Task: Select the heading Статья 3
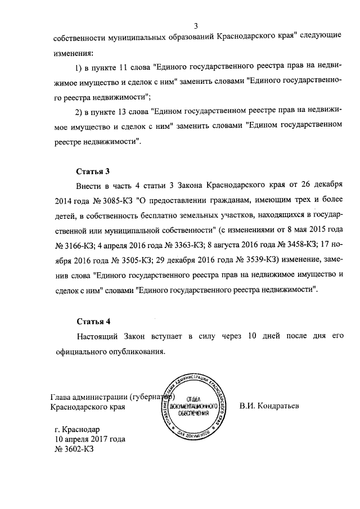[x=93, y=171]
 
